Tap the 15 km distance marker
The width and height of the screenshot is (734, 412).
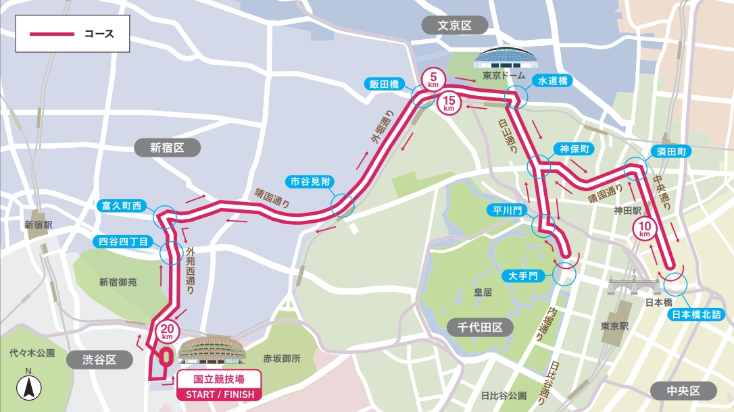[449, 104]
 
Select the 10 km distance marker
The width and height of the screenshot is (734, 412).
[644, 229]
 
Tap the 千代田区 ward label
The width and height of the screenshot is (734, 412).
[479, 328]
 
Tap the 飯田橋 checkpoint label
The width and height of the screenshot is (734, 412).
[383, 84]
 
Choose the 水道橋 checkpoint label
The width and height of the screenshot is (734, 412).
[552, 81]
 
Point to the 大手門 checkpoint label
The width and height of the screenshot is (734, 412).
[524, 276]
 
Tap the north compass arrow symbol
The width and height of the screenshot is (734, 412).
[28, 386]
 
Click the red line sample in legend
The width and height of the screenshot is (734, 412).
[51, 33]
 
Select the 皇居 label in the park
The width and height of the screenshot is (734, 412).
[482, 293]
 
